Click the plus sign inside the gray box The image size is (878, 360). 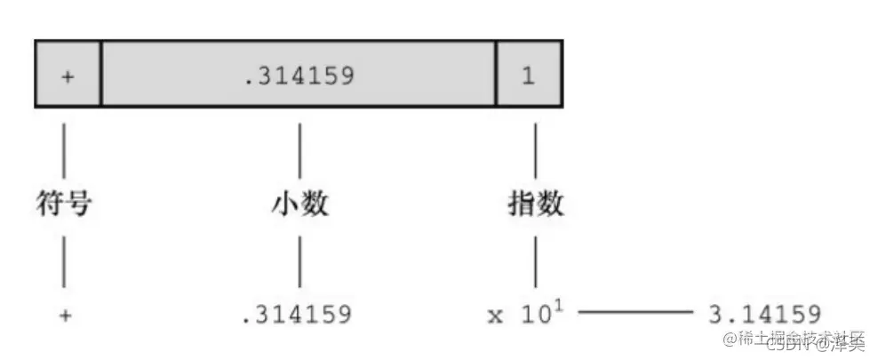[68, 76]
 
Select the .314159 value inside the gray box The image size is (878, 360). [299, 76]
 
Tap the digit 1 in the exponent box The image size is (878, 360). [529, 76]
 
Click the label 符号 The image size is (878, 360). [64, 204]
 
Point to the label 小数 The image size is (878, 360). [299, 204]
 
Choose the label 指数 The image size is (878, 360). [535, 204]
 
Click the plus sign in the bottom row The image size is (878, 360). [64, 315]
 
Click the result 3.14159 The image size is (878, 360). [763, 314]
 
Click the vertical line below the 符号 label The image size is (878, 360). [64, 261]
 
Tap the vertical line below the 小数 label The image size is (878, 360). [299, 261]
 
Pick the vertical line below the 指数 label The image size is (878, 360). [535, 261]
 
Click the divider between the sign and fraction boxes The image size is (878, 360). [101, 73]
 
